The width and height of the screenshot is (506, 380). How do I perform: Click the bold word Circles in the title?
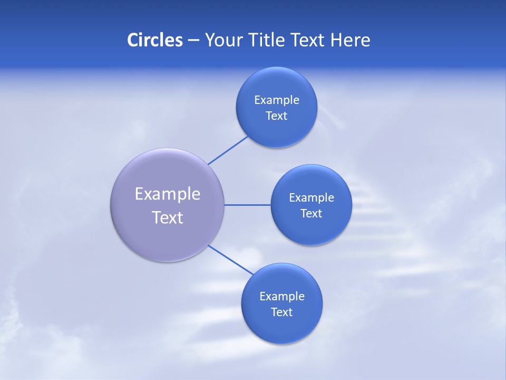154,40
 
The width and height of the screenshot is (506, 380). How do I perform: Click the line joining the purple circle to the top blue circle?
228,150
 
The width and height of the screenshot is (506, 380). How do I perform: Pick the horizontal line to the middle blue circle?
247,205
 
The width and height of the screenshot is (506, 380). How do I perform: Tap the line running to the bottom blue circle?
230,259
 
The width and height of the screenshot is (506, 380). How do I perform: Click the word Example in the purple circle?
167,194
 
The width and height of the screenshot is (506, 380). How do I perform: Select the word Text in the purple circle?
167,217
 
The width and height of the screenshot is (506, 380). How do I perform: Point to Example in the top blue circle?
276,100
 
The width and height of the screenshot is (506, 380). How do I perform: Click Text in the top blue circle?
276,116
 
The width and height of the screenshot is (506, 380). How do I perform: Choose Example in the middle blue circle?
311,198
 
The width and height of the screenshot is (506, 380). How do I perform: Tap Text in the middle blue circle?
311,214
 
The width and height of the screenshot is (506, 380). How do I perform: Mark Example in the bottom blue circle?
281,297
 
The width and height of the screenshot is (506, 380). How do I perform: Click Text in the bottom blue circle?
281,312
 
